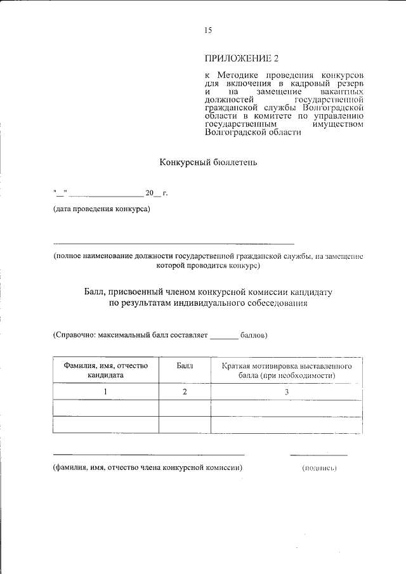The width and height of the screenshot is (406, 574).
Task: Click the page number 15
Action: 208,30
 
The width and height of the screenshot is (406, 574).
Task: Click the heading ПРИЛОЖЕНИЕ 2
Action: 242,60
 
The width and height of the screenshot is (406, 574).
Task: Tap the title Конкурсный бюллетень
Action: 208,162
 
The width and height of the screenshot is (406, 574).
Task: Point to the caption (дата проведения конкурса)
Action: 101,210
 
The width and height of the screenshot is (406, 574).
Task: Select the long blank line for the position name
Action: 173,244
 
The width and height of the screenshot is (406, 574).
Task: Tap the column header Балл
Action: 185,367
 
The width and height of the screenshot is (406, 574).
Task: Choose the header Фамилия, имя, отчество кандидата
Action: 105,371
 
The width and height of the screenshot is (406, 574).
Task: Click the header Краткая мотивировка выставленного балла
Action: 287,371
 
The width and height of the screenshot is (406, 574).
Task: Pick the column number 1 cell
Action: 105,392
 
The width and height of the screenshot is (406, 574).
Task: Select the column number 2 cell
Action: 185,392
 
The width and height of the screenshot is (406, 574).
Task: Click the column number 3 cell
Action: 287,392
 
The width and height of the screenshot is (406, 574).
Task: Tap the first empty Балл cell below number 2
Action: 185,408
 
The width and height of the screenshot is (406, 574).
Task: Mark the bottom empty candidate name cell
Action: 105,424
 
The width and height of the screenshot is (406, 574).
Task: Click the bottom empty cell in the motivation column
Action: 287,424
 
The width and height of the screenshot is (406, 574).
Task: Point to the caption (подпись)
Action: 319,468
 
